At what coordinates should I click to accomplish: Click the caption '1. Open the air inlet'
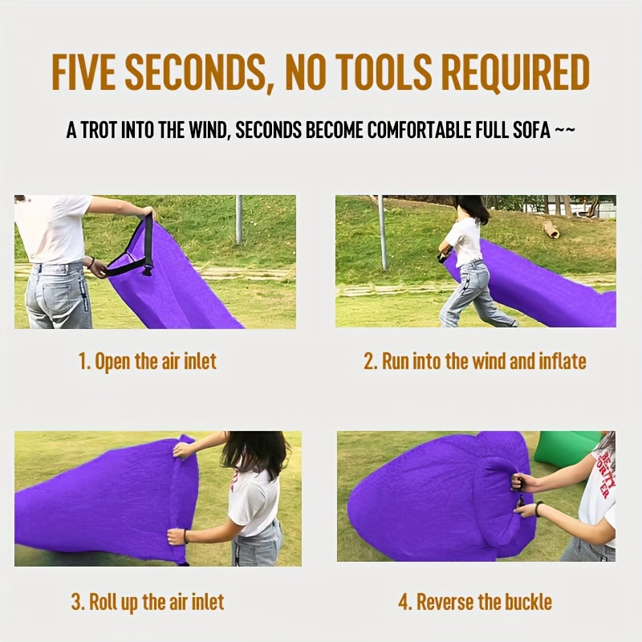(x=148, y=361)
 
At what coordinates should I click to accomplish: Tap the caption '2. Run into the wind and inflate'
(x=475, y=361)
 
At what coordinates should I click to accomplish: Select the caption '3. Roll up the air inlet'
(x=148, y=601)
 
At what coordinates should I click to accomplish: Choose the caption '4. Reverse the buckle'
(x=475, y=601)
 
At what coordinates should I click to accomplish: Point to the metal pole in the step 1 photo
(x=238, y=218)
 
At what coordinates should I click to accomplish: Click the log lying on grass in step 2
(x=551, y=230)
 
